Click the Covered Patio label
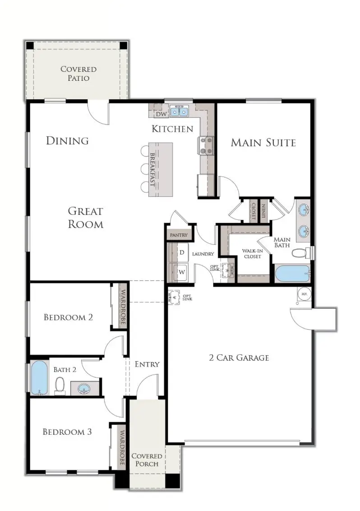(78, 74)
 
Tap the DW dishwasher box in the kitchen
(159, 114)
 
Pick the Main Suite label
(263, 143)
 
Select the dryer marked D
(182, 252)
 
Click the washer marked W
(182, 272)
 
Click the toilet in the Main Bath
(299, 252)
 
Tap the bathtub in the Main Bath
(292, 273)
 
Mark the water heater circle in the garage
(304, 293)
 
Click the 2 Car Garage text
(239, 358)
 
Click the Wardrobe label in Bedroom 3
(121, 445)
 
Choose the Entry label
(147, 364)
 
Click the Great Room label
(85, 217)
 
